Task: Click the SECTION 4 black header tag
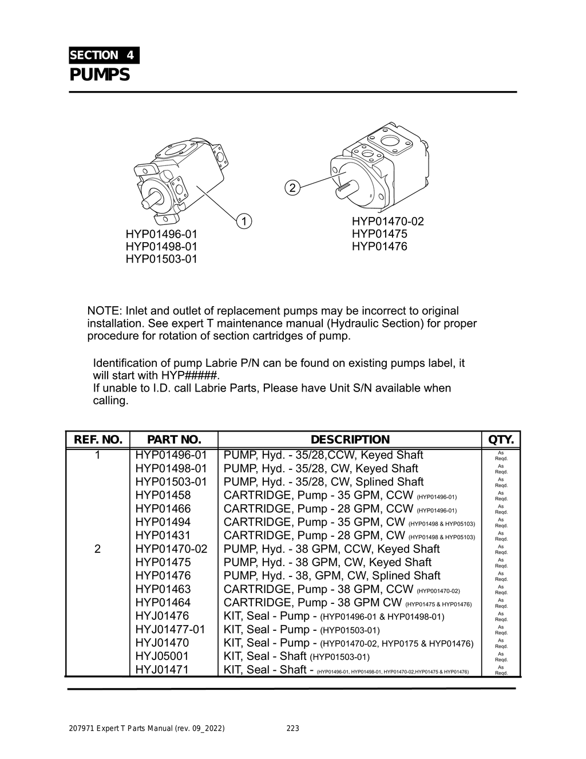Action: click(104, 56)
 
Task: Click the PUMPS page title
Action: click(100, 75)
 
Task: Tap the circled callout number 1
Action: click(243, 221)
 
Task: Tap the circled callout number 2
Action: click(292, 187)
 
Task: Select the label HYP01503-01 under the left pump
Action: click(161, 259)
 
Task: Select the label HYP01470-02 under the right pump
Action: click(388, 222)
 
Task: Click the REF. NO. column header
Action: click(98, 440)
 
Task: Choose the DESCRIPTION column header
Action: click(350, 440)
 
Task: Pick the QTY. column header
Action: click(501, 440)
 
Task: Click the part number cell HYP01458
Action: click(163, 495)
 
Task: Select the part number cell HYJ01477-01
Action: click(170, 629)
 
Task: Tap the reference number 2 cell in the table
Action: click(97, 549)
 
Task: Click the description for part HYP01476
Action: click(332, 576)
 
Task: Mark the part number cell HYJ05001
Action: click(162, 656)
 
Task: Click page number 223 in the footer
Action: click(292, 729)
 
